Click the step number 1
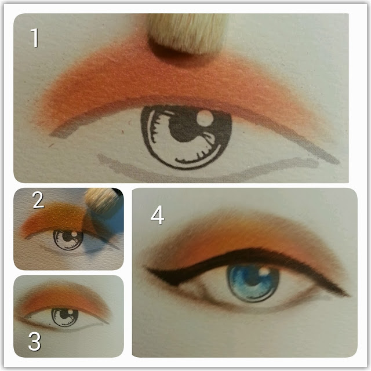coord(35,38)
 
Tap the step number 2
coord(38,200)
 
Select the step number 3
coord(35,341)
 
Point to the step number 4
coord(158,215)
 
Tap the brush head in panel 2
coord(102,201)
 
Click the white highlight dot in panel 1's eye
coord(205,118)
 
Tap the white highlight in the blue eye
coord(264,271)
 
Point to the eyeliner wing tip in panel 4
coord(348,295)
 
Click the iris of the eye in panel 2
coord(68,239)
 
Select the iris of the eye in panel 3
coord(65,317)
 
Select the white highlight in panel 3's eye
coord(70,312)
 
